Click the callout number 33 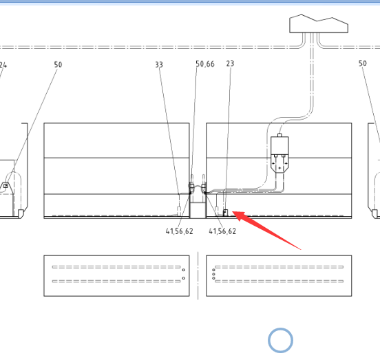tap(159, 65)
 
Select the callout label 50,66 tap(205, 64)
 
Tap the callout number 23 tap(230, 63)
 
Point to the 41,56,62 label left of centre tap(180, 231)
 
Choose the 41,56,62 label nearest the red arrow tap(222, 231)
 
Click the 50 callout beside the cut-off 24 tap(58, 65)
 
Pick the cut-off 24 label tap(3, 65)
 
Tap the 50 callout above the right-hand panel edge tap(363, 63)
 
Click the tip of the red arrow tap(233, 212)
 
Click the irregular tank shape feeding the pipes tap(319, 24)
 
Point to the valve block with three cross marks tap(279, 155)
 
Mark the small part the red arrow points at tap(225, 213)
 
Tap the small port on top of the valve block tap(279, 135)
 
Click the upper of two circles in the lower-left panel tap(183, 270)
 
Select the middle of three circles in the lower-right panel tap(213, 274)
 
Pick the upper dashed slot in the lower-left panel tap(116, 267)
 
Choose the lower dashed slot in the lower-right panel tap(279, 282)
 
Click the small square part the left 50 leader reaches tap(6, 186)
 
